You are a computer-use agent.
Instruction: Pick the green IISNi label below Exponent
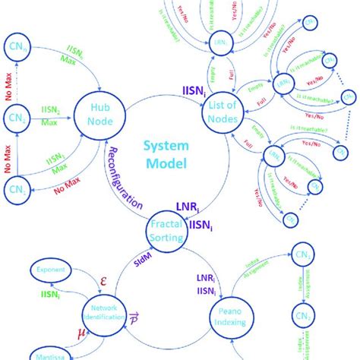[49, 292]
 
